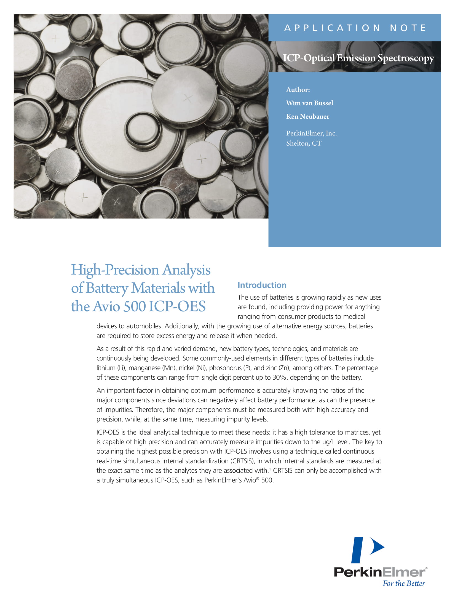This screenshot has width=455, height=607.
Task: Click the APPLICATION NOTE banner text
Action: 355,28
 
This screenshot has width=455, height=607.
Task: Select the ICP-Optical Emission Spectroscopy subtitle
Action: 358,58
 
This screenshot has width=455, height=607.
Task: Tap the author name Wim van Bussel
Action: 309,103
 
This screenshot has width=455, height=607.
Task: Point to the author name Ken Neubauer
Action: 307,116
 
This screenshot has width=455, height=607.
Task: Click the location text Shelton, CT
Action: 304,143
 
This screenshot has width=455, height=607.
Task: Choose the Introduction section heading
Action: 262,285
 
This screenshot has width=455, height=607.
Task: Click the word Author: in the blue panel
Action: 298,90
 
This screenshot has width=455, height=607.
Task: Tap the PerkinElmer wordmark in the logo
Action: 380,572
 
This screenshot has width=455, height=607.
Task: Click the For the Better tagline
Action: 404,583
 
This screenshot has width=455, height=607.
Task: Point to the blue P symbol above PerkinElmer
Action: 367,550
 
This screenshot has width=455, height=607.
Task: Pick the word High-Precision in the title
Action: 115,270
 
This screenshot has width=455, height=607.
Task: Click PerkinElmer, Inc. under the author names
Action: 311,134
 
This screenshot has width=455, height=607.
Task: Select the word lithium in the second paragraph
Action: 106,368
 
